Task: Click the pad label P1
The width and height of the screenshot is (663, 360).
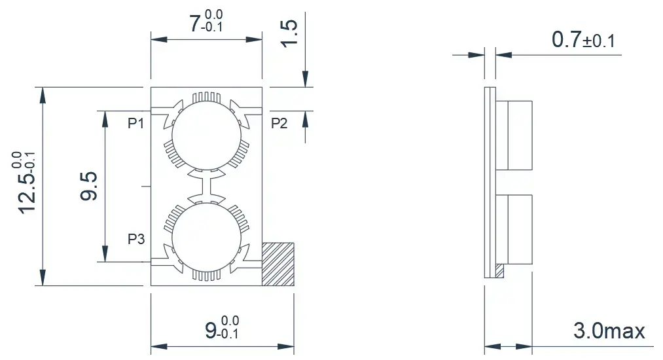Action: click(x=135, y=123)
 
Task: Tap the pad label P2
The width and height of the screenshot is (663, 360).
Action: click(x=279, y=123)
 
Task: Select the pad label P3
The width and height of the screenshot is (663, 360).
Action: click(x=136, y=239)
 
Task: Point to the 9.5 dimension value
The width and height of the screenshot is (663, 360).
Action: click(x=89, y=186)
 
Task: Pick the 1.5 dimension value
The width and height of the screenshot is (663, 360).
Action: click(x=289, y=33)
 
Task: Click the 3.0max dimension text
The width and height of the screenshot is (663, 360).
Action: click(x=609, y=331)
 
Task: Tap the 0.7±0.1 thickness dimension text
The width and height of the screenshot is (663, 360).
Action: click(x=583, y=40)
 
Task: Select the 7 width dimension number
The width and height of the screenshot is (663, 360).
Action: click(x=194, y=24)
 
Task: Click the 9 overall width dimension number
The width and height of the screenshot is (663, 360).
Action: click(x=211, y=331)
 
